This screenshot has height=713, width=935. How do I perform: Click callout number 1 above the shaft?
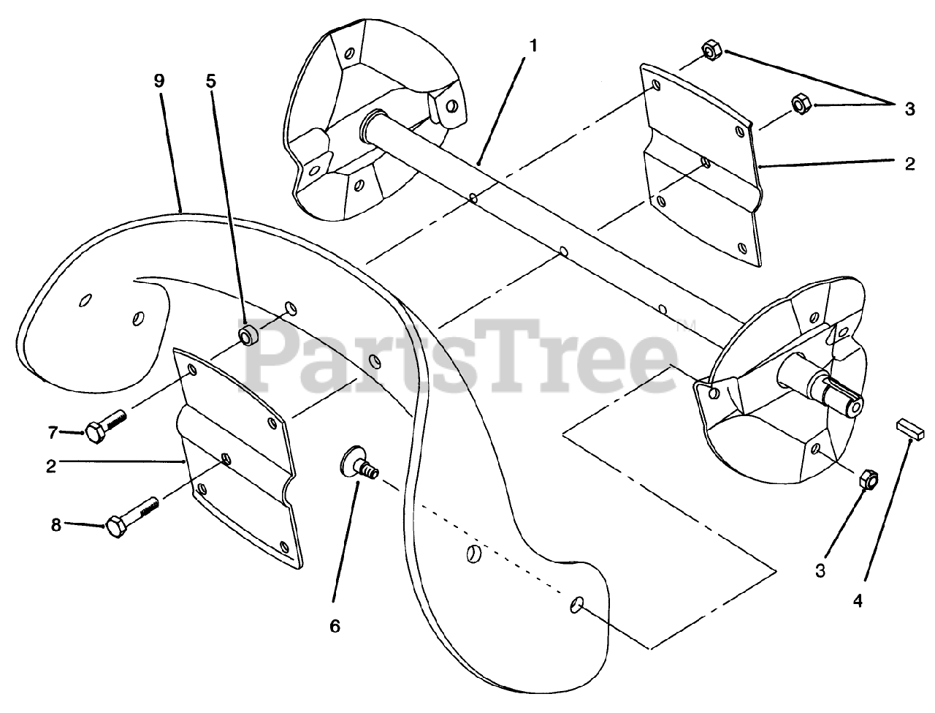[x=533, y=45]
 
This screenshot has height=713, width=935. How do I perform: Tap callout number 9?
[x=160, y=80]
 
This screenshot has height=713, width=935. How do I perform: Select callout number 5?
[x=210, y=80]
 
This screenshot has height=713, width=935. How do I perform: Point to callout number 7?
[x=53, y=433]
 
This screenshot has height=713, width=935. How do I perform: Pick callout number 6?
[x=335, y=626]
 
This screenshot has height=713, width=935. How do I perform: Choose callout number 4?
[x=858, y=601]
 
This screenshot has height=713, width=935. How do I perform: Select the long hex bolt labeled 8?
[x=131, y=516]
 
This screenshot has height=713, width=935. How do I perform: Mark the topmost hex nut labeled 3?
[x=711, y=50]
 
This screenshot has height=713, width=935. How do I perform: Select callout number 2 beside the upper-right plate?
[x=909, y=165]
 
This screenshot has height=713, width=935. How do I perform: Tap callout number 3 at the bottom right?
[x=820, y=571]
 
